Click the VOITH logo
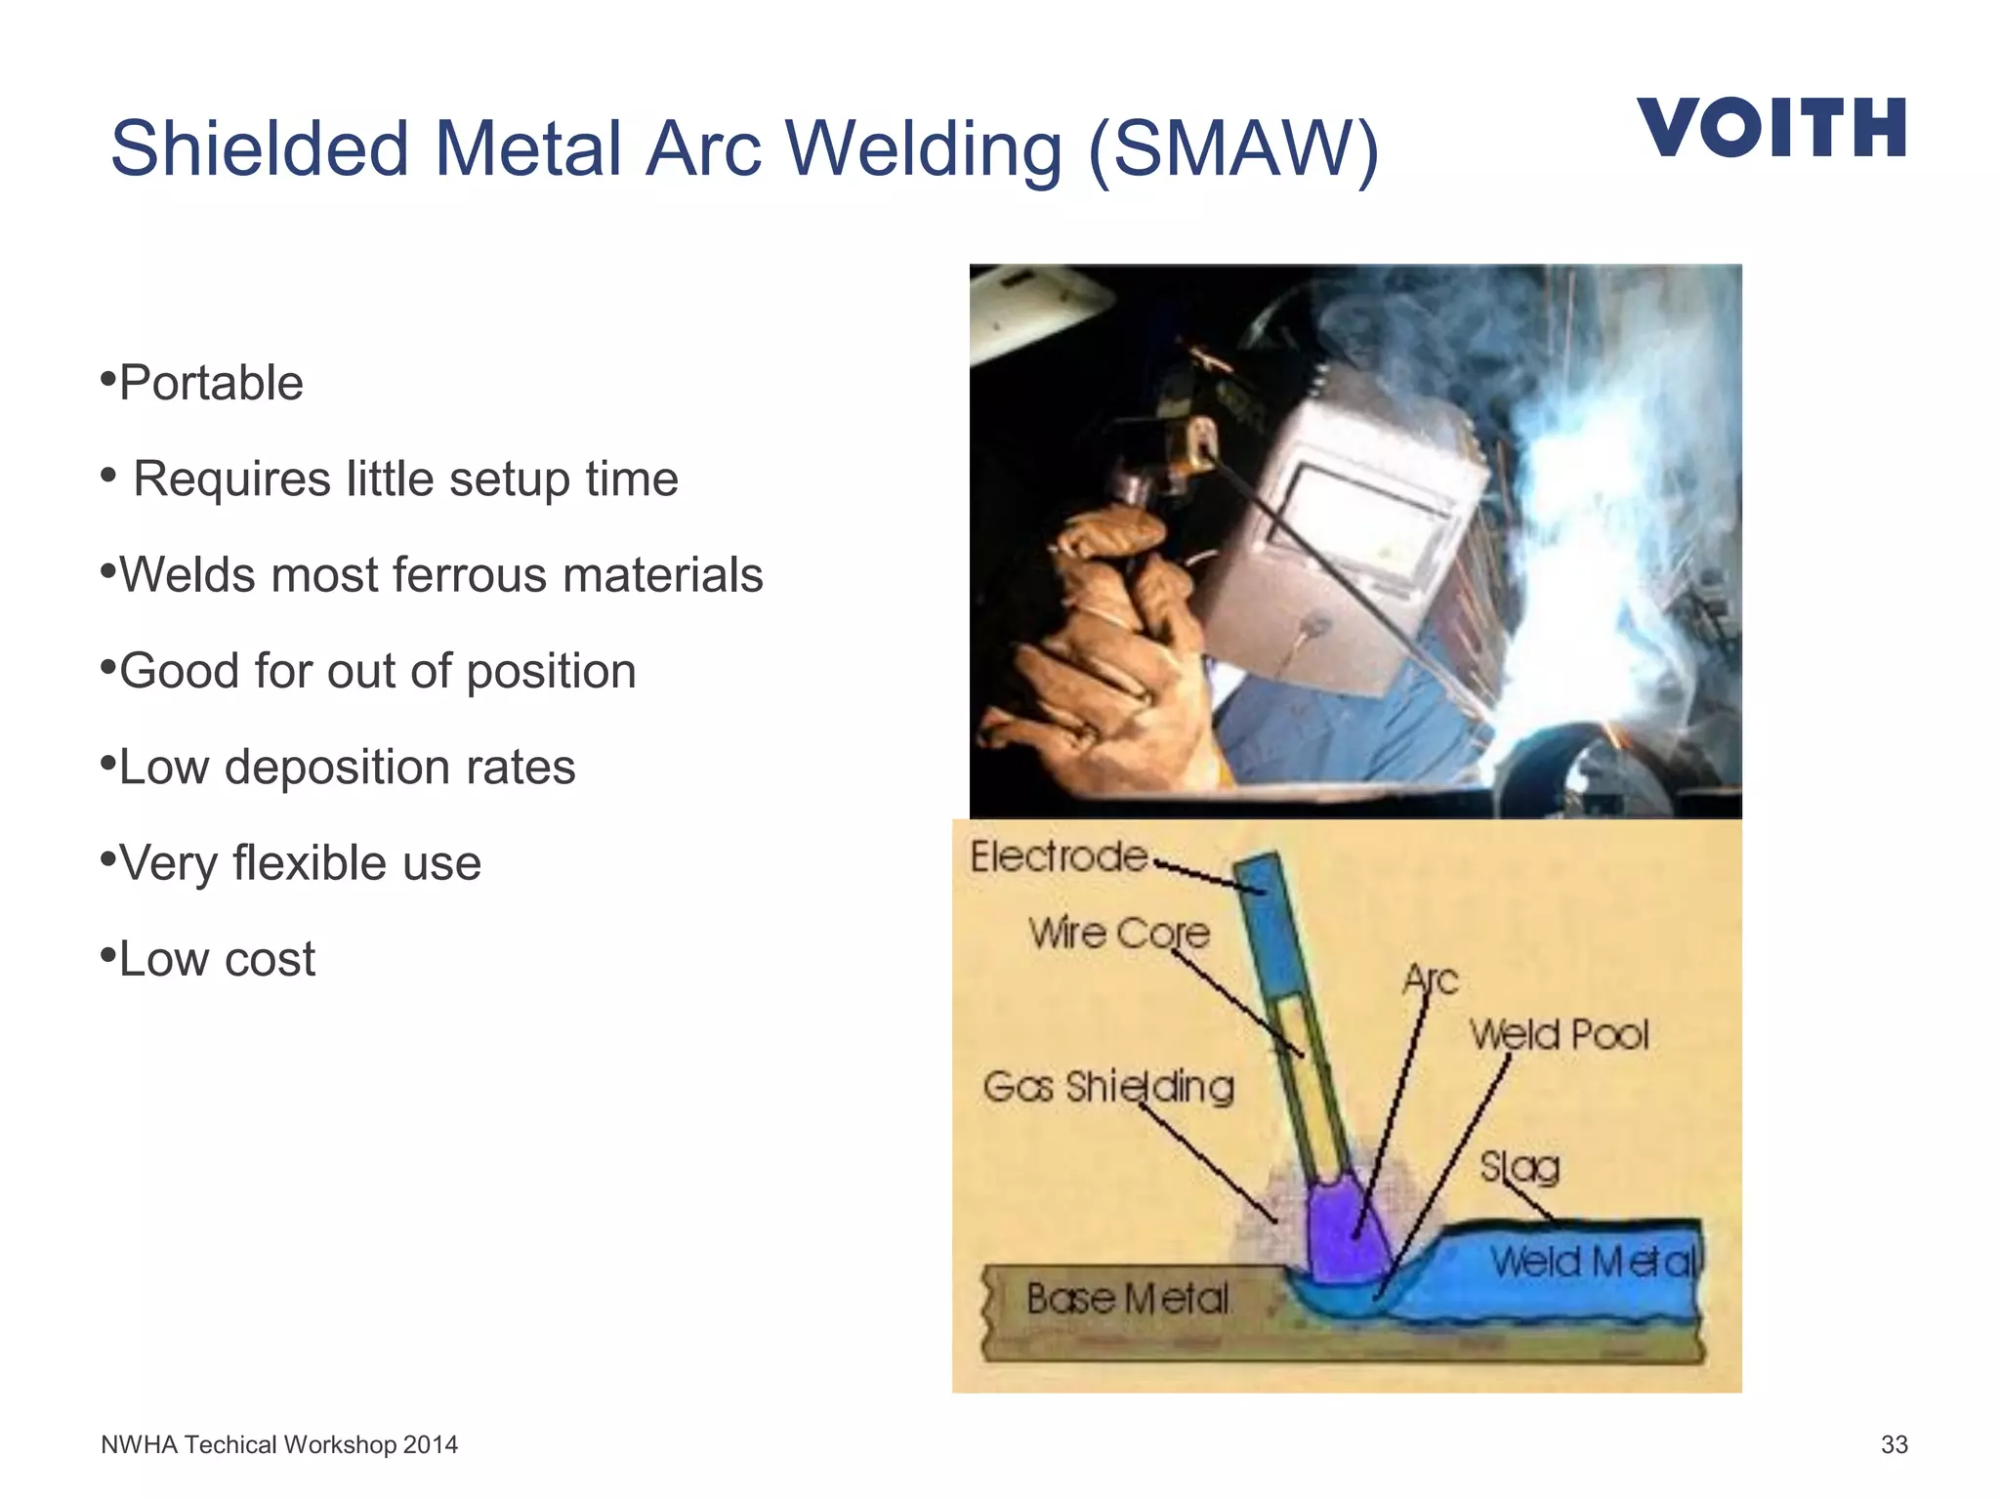coord(1771,127)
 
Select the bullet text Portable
coord(211,383)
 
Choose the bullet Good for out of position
coord(377,671)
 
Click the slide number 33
coord(1894,1444)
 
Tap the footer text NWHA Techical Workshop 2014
coord(279,1444)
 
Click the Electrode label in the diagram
coord(1059,856)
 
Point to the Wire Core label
coord(1118,933)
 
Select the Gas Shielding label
coord(1108,1086)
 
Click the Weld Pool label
coord(1560,1034)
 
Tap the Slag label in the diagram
coord(1520,1166)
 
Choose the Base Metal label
coord(1128,1299)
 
